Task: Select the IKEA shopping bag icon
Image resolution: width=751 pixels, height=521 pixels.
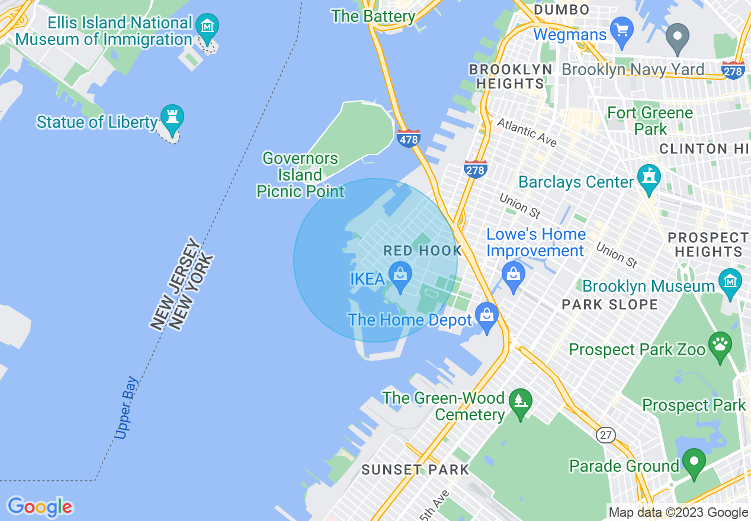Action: pos(400,276)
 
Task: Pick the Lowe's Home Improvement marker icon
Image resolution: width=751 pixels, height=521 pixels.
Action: pos(513,275)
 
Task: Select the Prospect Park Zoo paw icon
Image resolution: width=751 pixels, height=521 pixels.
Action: pos(720,346)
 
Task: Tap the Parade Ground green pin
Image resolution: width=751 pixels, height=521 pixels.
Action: pos(694,462)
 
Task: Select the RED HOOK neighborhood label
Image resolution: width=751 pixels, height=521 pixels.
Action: pos(422,250)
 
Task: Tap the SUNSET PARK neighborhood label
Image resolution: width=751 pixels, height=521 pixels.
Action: pos(415,470)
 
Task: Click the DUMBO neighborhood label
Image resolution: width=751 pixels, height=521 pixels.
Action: pos(561,9)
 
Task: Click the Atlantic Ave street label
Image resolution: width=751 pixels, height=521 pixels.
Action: pos(527,132)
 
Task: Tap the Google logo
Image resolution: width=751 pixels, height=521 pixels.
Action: pos(40,507)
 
